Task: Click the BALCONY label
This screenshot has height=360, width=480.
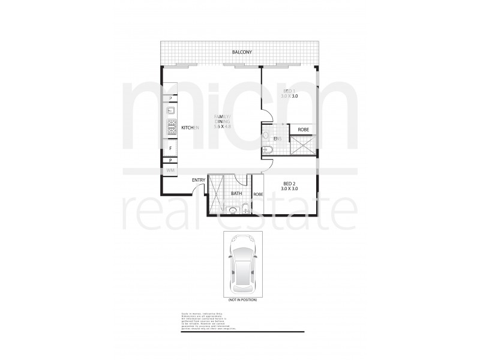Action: [x=242, y=53]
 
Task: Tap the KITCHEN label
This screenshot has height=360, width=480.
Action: [x=190, y=127]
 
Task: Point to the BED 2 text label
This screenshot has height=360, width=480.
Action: [x=290, y=184]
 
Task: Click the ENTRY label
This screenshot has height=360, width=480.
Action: [x=199, y=180]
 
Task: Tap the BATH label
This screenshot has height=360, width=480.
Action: [x=236, y=193]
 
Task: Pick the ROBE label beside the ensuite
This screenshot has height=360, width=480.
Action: [x=302, y=130]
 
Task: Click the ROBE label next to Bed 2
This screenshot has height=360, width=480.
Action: [x=259, y=194]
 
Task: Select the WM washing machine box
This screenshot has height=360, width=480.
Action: [x=170, y=171]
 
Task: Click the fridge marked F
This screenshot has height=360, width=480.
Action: [x=170, y=148]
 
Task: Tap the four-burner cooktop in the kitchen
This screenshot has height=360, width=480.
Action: [x=170, y=127]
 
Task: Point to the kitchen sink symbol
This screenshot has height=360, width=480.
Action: [x=170, y=110]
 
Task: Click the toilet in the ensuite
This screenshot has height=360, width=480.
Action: [x=267, y=136]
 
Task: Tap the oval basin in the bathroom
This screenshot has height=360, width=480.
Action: [x=232, y=209]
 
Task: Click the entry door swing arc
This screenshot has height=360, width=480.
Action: [x=196, y=189]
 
